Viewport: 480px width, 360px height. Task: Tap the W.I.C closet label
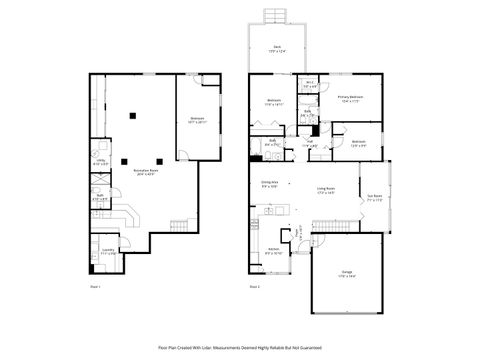pos(311,84)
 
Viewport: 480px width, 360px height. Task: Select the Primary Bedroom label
pos(349,98)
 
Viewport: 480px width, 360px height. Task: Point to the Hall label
pos(311,144)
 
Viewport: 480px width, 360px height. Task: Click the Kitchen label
pos(272,250)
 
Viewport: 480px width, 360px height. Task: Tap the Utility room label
pos(98,161)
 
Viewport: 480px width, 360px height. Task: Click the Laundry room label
pos(107,253)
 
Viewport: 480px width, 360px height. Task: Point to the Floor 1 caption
pos(96,286)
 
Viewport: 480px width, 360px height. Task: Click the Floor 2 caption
pos(254,286)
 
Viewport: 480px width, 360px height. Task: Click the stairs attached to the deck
pos(275,15)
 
